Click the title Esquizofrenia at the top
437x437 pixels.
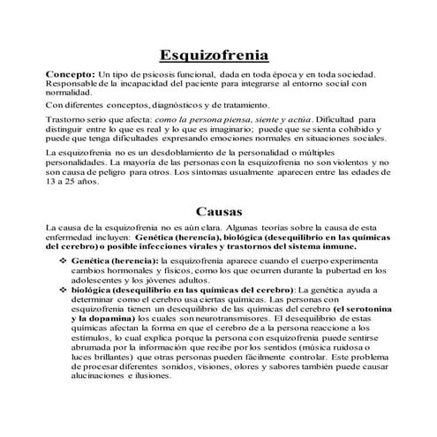click(219, 55)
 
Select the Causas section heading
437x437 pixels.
click(218, 212)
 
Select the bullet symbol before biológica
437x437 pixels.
click(64, 289)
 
